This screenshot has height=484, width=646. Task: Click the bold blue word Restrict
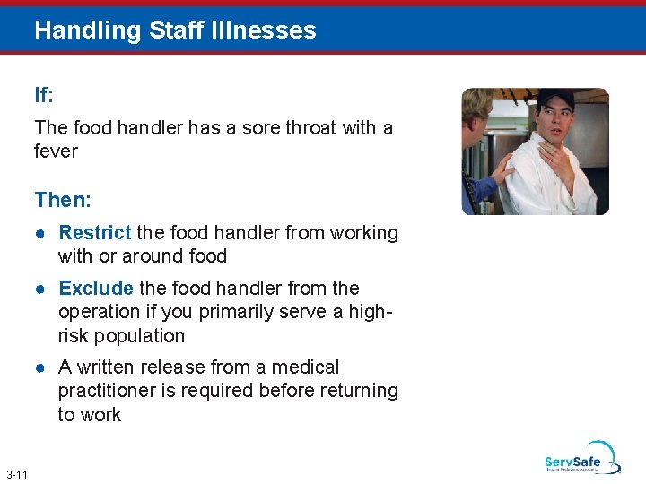click(94, 233)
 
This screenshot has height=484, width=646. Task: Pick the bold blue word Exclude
click(96, 289)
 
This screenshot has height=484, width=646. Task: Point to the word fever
click(56, 151)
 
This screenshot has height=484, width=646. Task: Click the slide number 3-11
click(16, 473)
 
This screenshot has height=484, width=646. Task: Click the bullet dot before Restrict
click(41, 234)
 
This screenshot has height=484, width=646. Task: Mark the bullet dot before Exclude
click(41, 290)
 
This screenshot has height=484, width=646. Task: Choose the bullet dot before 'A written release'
click(41, 368)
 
